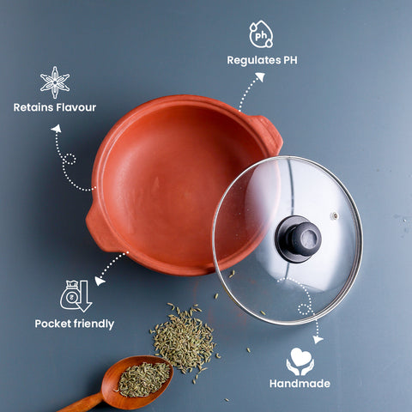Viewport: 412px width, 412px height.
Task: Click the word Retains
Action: [x=33, y=107]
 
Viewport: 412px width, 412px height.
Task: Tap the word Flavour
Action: [x=76, y=107]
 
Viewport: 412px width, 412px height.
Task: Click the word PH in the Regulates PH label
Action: [x=290, y=60]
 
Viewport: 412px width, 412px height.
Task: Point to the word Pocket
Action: [x=53, y=324]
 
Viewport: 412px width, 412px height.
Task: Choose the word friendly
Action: [x=94, y=324]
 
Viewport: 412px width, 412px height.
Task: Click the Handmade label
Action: [x=300, y=384]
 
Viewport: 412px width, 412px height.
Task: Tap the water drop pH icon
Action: [x=261, y=33]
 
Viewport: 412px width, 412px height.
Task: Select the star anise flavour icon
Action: [x=55, y=82]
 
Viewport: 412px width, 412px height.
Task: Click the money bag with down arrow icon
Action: [x=76, y=296]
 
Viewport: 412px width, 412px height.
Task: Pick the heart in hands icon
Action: [x=300, y=361]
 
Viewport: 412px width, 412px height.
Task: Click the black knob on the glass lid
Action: [x=299, y=239]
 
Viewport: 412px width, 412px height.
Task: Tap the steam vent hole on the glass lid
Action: [x=334, y=215]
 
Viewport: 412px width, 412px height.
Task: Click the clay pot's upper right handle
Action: [x=268, y=134]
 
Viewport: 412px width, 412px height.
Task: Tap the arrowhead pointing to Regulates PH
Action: [x=260, y=76]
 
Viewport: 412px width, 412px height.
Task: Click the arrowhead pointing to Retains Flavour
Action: [x=57, y=129]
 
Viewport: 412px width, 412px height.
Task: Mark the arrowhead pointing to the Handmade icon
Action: [x=318, y=339]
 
